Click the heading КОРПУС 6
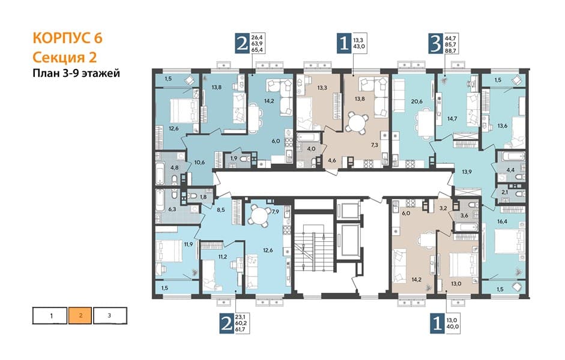pyautogui.click(x=67, y=38)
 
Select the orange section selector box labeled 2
pyautogui.click(x=80, y=316)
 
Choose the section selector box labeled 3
pyautogui.click(x=110, y=316)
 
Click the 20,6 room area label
pyautogui.click(x=417, y=101)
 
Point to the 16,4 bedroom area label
pyautogui.click(x=502, y=221)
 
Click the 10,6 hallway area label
pyautogui.click(x=199, y=163)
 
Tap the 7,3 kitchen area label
pyautogui.click(x=375, y=145)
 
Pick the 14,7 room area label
pyautogui.click(x=452, y=118)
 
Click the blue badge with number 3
pyautogui.click(x=436, y=44)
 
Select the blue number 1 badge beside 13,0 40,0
pyautogui.click(x=438, y=323)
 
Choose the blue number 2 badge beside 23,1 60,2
pyautogui.click(x=226, y=323)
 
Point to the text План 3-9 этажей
pyautogui.click(x=76, y=73)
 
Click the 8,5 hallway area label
pyautogui.click(x=221, y=209)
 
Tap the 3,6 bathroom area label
pyautogui.click(x=464, y=215)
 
